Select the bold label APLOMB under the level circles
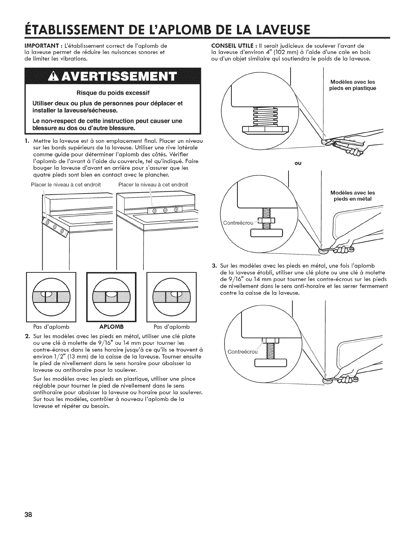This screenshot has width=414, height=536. tap(111, 327)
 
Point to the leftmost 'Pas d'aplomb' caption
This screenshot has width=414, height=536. tap(51, 327)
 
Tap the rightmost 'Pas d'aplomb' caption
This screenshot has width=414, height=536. tap(171, 327)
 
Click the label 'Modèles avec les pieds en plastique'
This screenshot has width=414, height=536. tap(352, 85)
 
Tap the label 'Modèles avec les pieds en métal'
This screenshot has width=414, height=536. tap(352, 196)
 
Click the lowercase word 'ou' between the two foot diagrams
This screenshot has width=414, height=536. tap(298, 164)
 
